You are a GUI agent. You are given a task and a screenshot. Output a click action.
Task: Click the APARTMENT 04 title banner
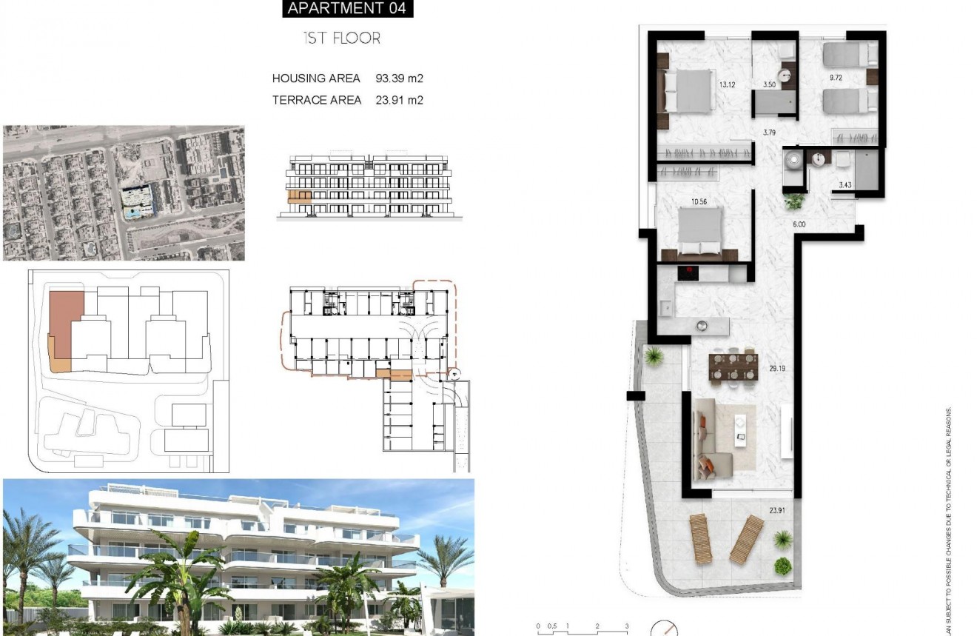pos(347,9)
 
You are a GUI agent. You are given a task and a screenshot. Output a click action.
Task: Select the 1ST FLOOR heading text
pos(342,39)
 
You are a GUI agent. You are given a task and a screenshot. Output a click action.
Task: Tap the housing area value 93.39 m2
pos(399,78)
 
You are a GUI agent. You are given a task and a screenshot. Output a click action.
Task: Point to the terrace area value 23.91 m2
pos(399,100)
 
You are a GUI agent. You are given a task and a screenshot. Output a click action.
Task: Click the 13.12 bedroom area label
pos(727,84)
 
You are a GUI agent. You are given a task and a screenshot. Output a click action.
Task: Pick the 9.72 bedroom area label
pos(836,77)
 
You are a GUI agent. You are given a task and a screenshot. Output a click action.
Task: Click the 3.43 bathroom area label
pos(845,186)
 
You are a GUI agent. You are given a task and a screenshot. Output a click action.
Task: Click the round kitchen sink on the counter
pos(701,325)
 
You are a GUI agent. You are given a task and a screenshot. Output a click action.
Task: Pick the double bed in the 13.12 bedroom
pos(688,90)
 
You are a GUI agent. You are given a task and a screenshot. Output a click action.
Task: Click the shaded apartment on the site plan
pos(65,326)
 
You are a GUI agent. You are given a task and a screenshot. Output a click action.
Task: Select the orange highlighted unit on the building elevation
pos(299,196)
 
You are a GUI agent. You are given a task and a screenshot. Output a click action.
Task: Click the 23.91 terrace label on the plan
pos(777,509)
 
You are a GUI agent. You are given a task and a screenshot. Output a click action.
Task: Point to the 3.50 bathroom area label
pos(769,85)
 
